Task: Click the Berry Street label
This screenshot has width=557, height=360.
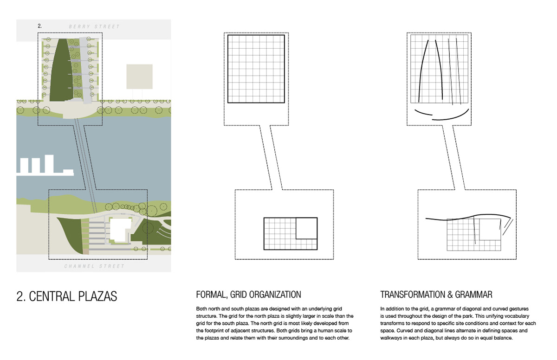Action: pos(94,27)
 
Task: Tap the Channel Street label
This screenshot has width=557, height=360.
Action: pos(94,266)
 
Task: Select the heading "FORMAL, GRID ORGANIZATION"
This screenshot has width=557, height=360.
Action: pos(248,295)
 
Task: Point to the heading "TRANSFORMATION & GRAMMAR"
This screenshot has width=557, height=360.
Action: pos(436,295)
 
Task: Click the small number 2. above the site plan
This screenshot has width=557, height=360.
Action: pos(40,26)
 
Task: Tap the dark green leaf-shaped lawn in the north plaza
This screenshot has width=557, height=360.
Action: pos(60,70)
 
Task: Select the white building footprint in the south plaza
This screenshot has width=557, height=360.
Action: pos(120,230)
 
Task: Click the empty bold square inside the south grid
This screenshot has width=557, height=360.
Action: pos(306,228)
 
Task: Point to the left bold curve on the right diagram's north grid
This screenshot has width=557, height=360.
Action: pos(422,70)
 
